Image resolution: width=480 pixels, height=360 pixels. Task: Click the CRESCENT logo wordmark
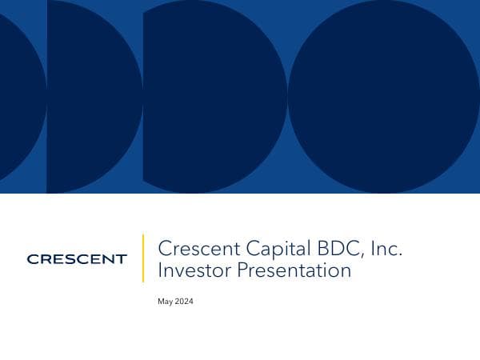pos(77,258)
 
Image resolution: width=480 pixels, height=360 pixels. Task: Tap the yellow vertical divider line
pos(143,258)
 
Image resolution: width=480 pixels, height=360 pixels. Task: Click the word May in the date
pos(166,302)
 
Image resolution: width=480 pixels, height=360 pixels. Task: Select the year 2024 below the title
pos(184,302)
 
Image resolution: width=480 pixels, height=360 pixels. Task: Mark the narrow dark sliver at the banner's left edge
pos(20,96)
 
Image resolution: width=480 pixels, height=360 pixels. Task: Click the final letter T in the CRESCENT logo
pos(122,258)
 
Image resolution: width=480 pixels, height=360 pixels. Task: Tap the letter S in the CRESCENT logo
pos(67,258)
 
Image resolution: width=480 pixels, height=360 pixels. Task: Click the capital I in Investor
pos(160,270)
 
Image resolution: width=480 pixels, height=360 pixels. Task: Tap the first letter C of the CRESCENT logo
pos(32,258)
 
